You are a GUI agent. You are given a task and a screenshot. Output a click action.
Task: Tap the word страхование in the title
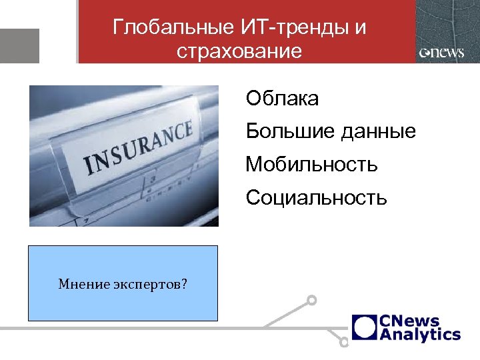(240, 51)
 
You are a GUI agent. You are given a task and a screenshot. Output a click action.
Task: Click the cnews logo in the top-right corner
(441, 53)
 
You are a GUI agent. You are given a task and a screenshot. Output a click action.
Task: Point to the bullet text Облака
(282, 99)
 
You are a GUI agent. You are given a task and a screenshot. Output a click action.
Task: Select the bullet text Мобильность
(311, 163)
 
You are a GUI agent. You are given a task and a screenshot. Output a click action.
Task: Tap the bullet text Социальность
(316, 197)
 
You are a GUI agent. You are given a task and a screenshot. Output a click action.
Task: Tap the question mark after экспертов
(184, 285)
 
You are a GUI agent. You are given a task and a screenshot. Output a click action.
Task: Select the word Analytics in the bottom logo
(419, 334)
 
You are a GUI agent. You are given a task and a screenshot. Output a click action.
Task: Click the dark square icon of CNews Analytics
(363, 327)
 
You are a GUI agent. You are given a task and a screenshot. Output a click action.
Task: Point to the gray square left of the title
(19, 45)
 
